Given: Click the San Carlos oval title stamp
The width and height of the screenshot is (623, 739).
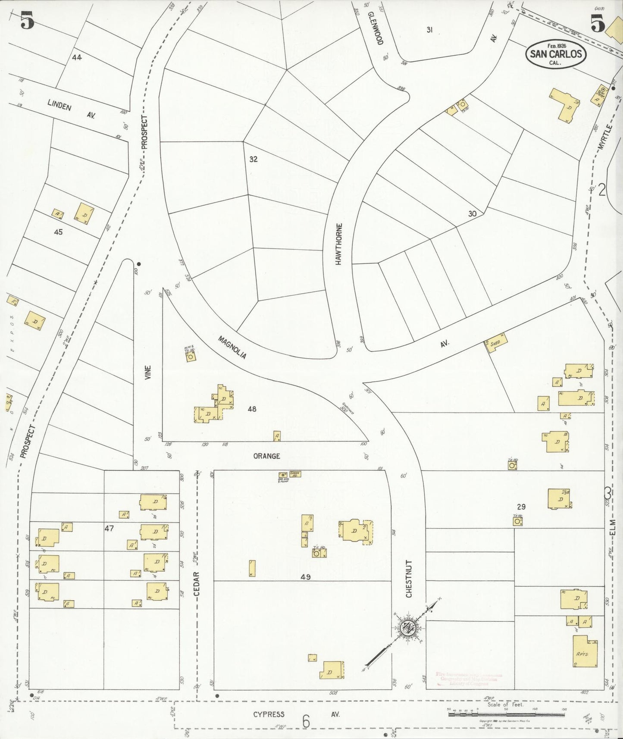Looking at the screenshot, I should point(556,54).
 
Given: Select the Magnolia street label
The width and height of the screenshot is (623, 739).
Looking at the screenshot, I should point(232,348).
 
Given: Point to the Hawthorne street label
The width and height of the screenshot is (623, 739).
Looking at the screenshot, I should point(339,244).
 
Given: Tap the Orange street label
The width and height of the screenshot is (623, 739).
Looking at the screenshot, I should point(266,456).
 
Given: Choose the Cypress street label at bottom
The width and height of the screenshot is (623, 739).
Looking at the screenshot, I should point(269,714).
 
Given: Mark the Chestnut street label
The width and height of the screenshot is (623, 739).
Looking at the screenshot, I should point(409,579).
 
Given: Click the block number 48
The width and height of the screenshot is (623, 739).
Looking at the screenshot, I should point(252,408).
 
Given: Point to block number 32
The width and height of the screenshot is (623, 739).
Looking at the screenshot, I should point(253,159).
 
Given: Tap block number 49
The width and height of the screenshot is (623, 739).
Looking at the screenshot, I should point(306,576).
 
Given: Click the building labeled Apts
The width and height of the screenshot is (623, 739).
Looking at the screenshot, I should point(585,651).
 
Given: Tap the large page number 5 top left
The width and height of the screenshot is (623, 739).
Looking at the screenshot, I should point(27,21).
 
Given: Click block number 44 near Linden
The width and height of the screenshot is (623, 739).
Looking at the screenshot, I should point(77,57).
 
